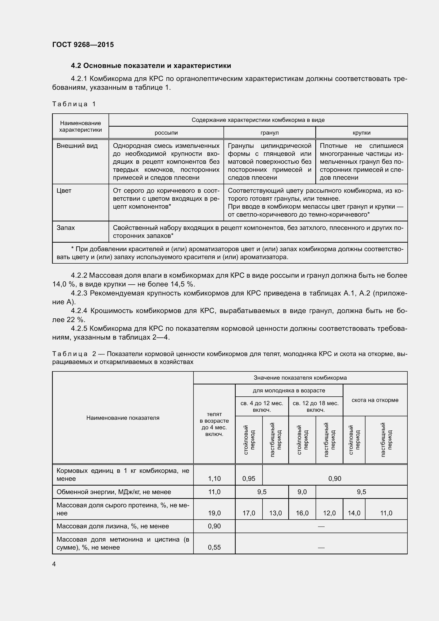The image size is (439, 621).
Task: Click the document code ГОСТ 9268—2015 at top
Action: pos(83,45)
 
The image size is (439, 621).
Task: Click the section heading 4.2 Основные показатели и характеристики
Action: pos(151,66)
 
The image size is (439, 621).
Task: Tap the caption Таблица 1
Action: pos(74,104)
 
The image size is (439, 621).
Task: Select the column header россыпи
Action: pos(166,133)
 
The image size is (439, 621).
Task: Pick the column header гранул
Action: pos(269,133)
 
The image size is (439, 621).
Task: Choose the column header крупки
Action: pos(361,133)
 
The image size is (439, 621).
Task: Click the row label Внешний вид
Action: pos(77,146)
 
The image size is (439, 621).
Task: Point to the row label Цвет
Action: pos(64,191)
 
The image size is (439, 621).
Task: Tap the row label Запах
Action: pos(66,228)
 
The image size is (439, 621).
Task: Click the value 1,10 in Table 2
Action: pos(214,478)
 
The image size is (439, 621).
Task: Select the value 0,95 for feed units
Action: pos(249,478)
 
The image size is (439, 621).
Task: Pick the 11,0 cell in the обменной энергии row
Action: pos(214,492)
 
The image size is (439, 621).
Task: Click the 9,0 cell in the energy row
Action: pos(302,492)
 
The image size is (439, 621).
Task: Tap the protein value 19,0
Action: pos(214,513)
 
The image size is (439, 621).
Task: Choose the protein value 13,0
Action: pos(276,513)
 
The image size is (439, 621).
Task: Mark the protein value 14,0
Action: pos(354,513)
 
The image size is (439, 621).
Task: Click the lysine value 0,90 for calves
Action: pos(214,526)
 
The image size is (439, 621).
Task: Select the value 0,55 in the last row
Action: pos(214,547)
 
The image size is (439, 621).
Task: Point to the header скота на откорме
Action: pos(375,400)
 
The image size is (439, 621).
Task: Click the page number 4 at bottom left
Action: pos(54,564)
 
